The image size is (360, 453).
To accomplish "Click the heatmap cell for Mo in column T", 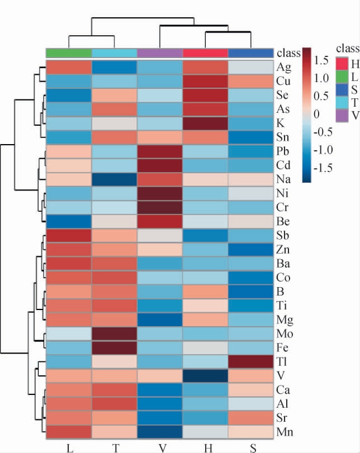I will (114, 334).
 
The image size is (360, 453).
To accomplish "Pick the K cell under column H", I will (205, 122).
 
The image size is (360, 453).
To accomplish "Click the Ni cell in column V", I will (160, 195).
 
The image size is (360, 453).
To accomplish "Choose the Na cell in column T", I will (114, 180).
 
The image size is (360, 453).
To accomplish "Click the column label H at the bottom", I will (205, 446).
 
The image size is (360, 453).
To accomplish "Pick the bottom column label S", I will (251, 446).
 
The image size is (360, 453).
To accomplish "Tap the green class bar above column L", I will (68, 53).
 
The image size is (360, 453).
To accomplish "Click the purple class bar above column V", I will (160, 53).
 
